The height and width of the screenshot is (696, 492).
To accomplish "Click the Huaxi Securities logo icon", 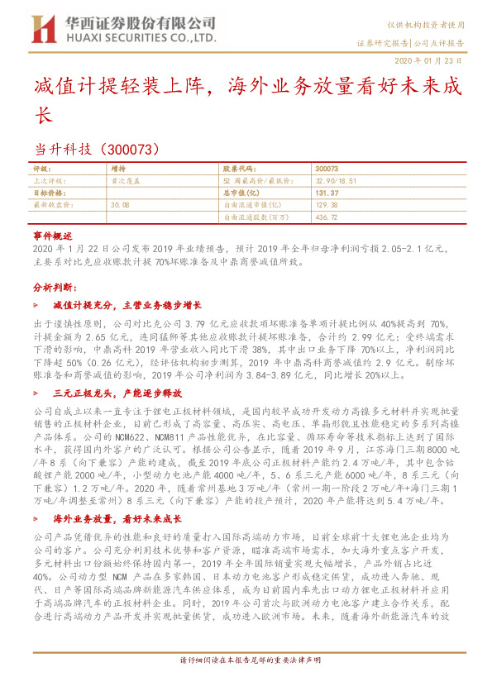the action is tap(42, 29).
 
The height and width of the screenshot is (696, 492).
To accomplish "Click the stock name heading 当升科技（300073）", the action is tap(103, 150).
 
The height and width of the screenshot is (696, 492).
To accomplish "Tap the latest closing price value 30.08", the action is tap(120, 203).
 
